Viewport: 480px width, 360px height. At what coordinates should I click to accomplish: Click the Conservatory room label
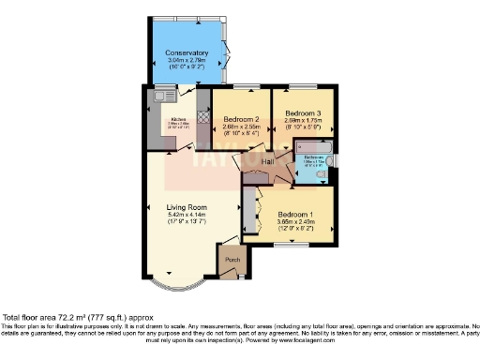(x=187, y=52)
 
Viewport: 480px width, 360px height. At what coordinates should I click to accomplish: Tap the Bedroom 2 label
(x=241, y=119)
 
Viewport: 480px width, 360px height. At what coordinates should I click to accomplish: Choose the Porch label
(x=232, y=260)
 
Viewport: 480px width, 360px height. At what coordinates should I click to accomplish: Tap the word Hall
(x=267, y=162)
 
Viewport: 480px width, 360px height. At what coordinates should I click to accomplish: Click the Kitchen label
(x=179, y=118)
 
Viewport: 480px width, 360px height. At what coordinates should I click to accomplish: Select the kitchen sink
(x=159, y=95)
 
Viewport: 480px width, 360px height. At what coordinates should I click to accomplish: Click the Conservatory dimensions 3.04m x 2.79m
(x=187, y=61)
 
